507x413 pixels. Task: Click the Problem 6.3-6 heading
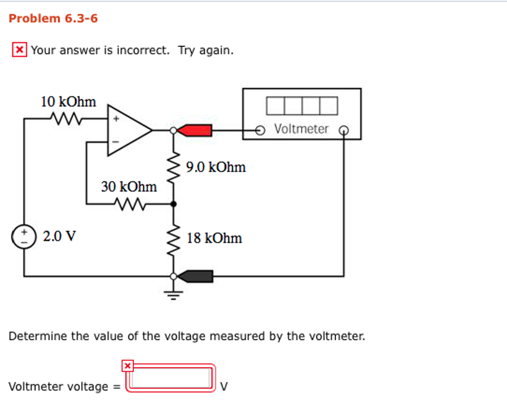[x=53, y=19]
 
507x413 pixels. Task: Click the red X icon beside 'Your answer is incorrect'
[x=19, y=50]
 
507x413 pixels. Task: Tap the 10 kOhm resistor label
[x=68, y=102]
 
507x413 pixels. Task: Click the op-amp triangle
[x=127, y=130]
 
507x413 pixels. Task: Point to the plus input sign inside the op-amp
[x=116, y=119]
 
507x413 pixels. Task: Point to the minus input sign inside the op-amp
[x=116, y=142]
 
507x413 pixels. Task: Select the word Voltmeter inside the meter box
[x=301, y=129]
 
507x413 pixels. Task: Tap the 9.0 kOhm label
[x=216, y=167]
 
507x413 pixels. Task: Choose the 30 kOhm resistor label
[x=129, y=187]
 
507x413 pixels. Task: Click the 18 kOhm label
[x=214, y=238]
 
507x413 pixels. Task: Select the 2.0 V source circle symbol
[x=24, y=236]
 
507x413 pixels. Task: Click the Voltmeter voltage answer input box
[x=171, y=378]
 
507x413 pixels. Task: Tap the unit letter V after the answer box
[x=224, y=386]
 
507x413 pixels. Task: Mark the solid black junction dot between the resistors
[x=173, y=203]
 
